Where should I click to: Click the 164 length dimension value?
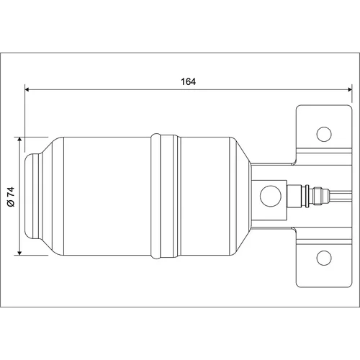point(188,82)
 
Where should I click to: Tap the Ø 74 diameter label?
point(11,197)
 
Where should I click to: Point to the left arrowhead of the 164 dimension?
point(27,89)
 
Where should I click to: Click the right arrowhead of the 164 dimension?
point(349,89)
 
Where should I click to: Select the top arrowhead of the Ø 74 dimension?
point(19,140)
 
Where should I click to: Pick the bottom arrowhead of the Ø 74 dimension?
point(19,253)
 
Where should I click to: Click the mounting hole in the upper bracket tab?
point(324,134)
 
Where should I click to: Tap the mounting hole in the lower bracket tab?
point(324,258)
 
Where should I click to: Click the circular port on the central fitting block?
point(271,196)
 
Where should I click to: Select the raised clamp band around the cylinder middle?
point(165,196)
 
